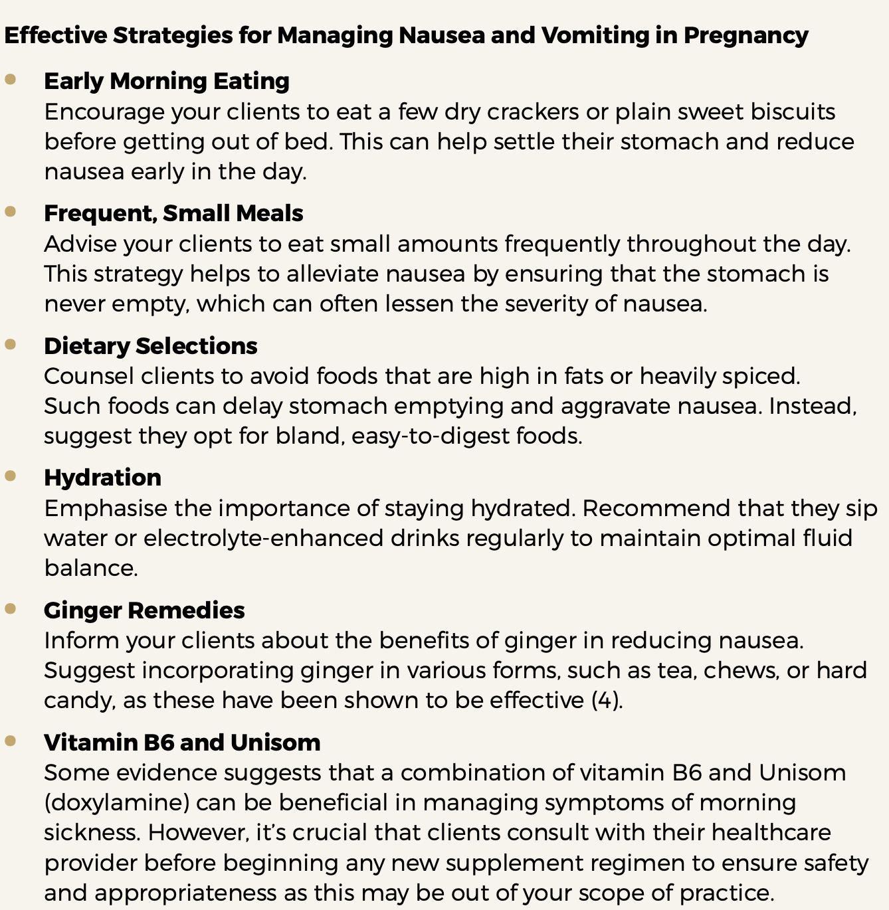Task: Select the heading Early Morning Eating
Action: click(x=167, y=81)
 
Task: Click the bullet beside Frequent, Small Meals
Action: click(x=10, y=212)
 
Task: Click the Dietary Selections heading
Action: click(x=151, y=346)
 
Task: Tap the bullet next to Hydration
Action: click(x=10, y=476)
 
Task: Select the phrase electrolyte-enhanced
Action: click(x=263, y=537)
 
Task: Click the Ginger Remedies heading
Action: click(x=144, y=610)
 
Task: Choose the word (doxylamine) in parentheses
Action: click(x=117, y=802)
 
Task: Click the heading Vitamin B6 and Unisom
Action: click(x=182, y=742)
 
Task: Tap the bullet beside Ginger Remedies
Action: click(x=10, y=608)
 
